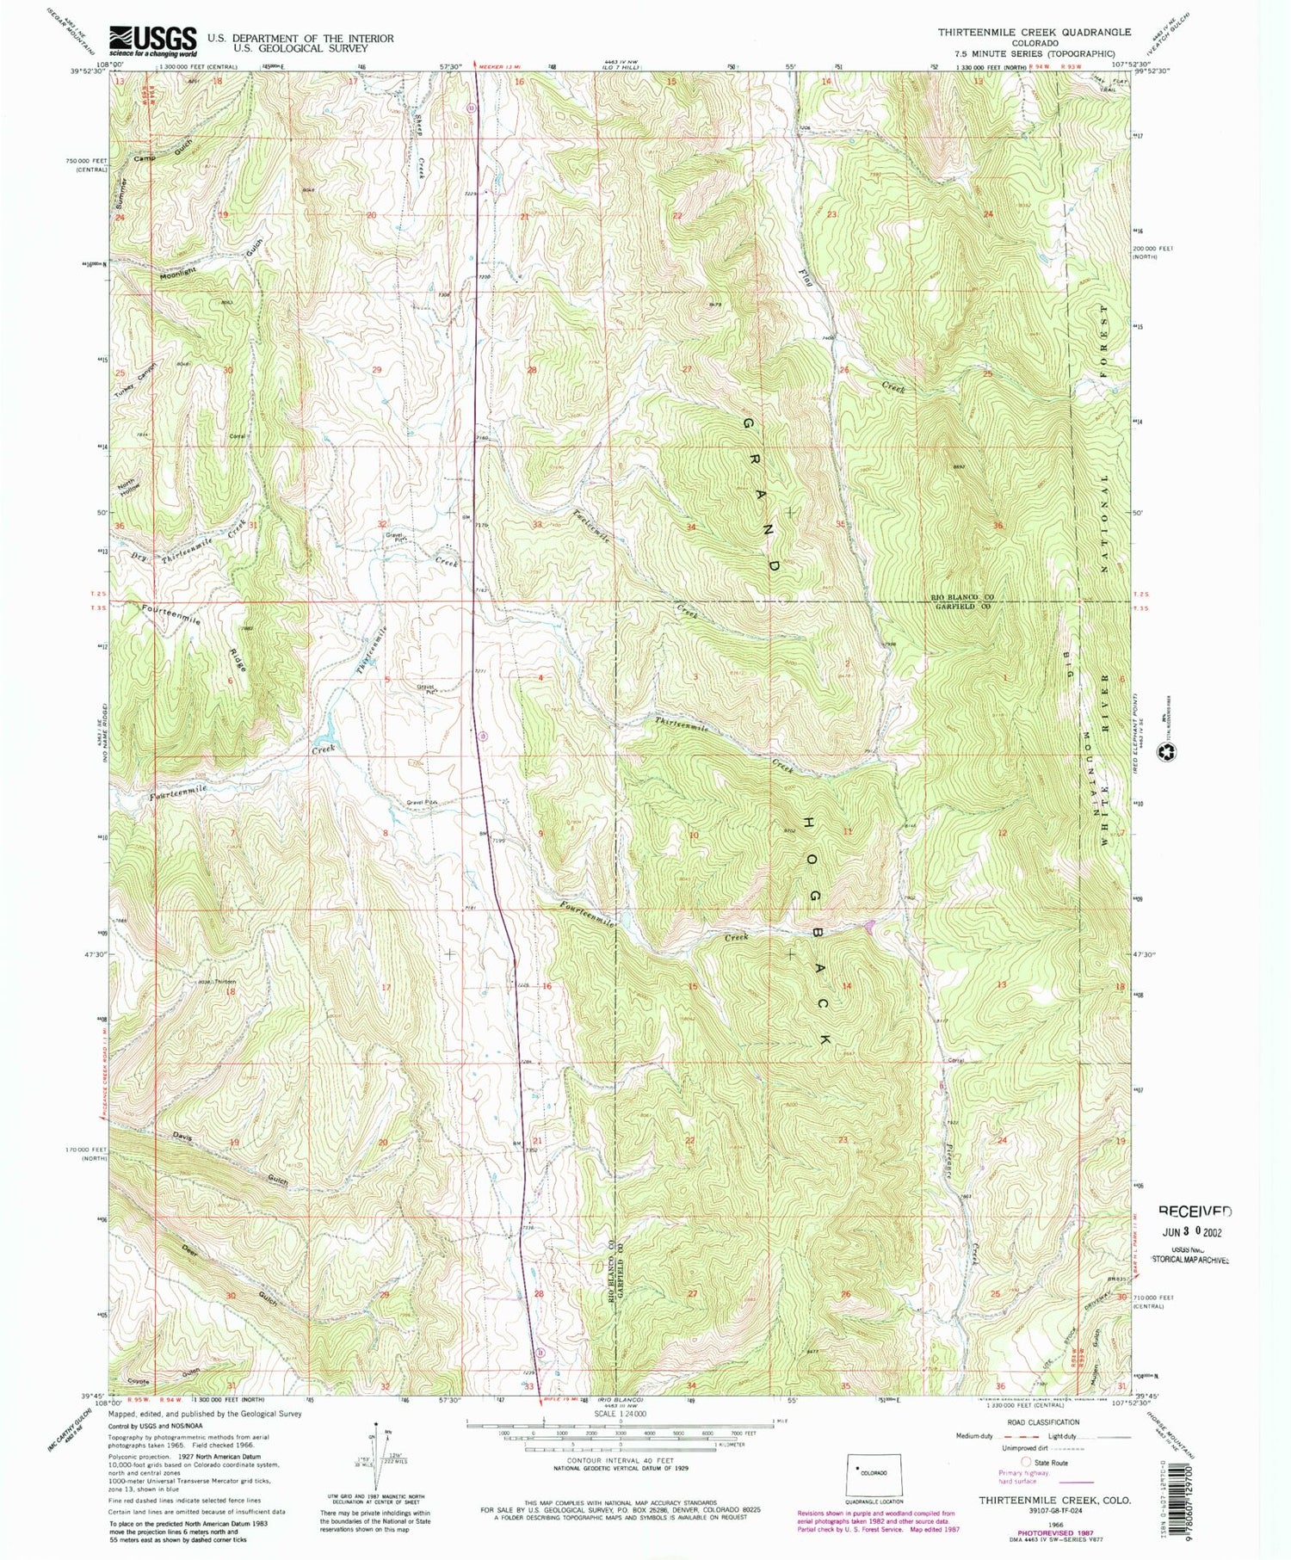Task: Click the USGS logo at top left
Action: pos(151,40)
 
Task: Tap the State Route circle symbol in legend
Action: pos(1025,1462)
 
